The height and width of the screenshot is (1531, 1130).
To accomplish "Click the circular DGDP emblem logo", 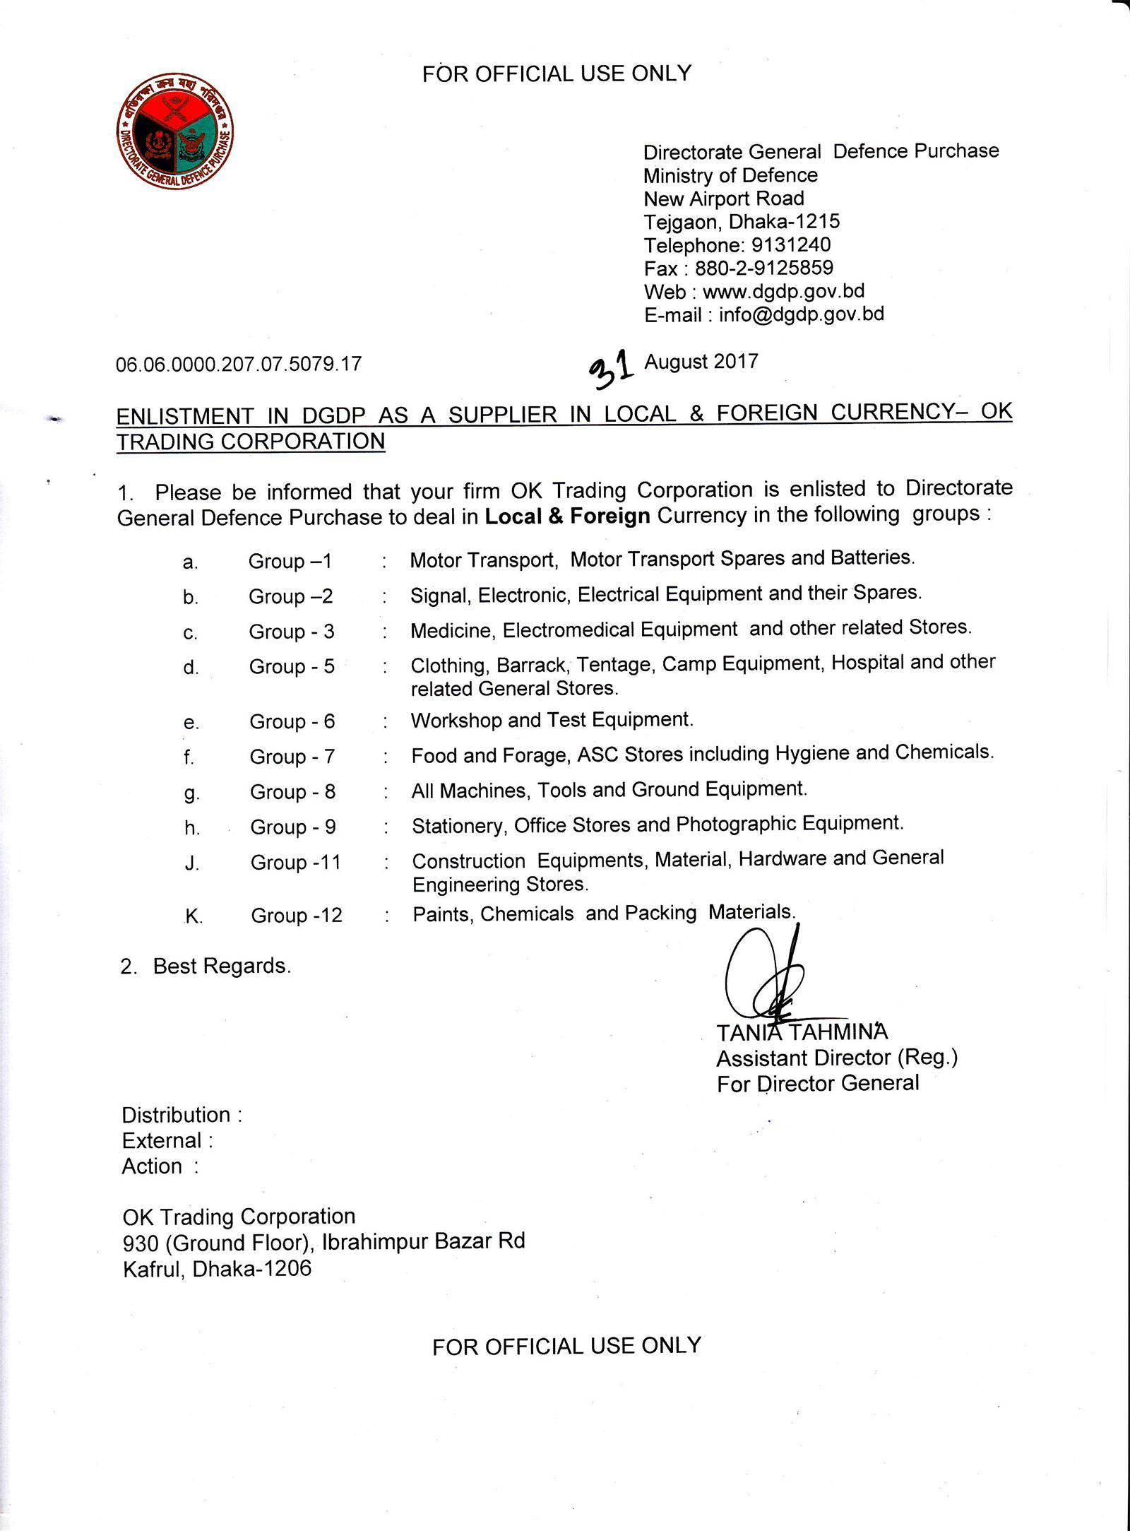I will point(174,131).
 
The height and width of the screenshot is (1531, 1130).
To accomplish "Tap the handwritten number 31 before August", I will point(611,368).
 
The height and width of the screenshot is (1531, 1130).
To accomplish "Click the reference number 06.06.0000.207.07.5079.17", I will point(239,364).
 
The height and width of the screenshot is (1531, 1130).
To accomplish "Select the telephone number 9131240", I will point(790,245).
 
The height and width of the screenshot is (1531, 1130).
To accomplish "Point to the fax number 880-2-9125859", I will point(763,268).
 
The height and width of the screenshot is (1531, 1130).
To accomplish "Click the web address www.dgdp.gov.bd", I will point(783,291).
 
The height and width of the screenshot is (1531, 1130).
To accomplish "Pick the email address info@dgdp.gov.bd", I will point(801,314).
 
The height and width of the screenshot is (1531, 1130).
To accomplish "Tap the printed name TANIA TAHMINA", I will point(802,1032).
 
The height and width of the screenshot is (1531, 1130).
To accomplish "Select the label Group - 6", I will point(292,721).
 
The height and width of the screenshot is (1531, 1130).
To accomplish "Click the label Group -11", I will point(295,863).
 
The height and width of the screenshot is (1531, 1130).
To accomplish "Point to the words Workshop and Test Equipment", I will point(552,720).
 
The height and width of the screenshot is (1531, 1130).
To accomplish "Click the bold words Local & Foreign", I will point(567,516).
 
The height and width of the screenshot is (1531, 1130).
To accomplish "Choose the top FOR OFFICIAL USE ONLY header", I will point(557,73).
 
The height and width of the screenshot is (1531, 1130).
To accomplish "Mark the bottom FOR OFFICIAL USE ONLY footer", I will point(566,1346).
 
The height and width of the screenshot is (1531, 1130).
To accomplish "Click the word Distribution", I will point(176,1115).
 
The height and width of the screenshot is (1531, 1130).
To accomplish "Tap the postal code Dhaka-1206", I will point(251,1269).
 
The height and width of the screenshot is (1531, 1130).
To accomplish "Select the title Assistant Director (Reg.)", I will point(837,1058).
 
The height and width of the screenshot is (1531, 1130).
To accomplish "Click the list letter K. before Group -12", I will point(194,916).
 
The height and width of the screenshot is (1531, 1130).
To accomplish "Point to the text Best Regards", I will point(222,966).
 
